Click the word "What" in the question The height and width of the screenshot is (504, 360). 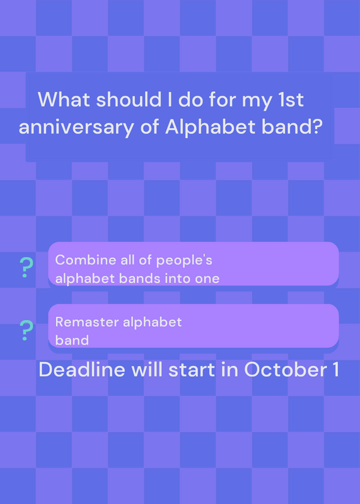pos(64,100)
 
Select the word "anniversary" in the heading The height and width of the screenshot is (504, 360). pos(76,127)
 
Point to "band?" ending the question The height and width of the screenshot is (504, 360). pos(292,127)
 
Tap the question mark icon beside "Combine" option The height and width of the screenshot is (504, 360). pos(26,267)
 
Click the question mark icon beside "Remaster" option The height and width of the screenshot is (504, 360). pos(26,330)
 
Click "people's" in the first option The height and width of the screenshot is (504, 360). pos(184,261)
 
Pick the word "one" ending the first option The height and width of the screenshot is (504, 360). pos(207,279)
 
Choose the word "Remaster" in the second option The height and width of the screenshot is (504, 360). pos(87,322)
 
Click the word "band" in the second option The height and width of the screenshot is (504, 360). pos(72,340)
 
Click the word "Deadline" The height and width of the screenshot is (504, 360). pos(82,370)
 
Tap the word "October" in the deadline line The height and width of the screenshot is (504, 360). pos(283,370)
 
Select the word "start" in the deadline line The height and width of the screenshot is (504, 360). pos(192,370)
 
